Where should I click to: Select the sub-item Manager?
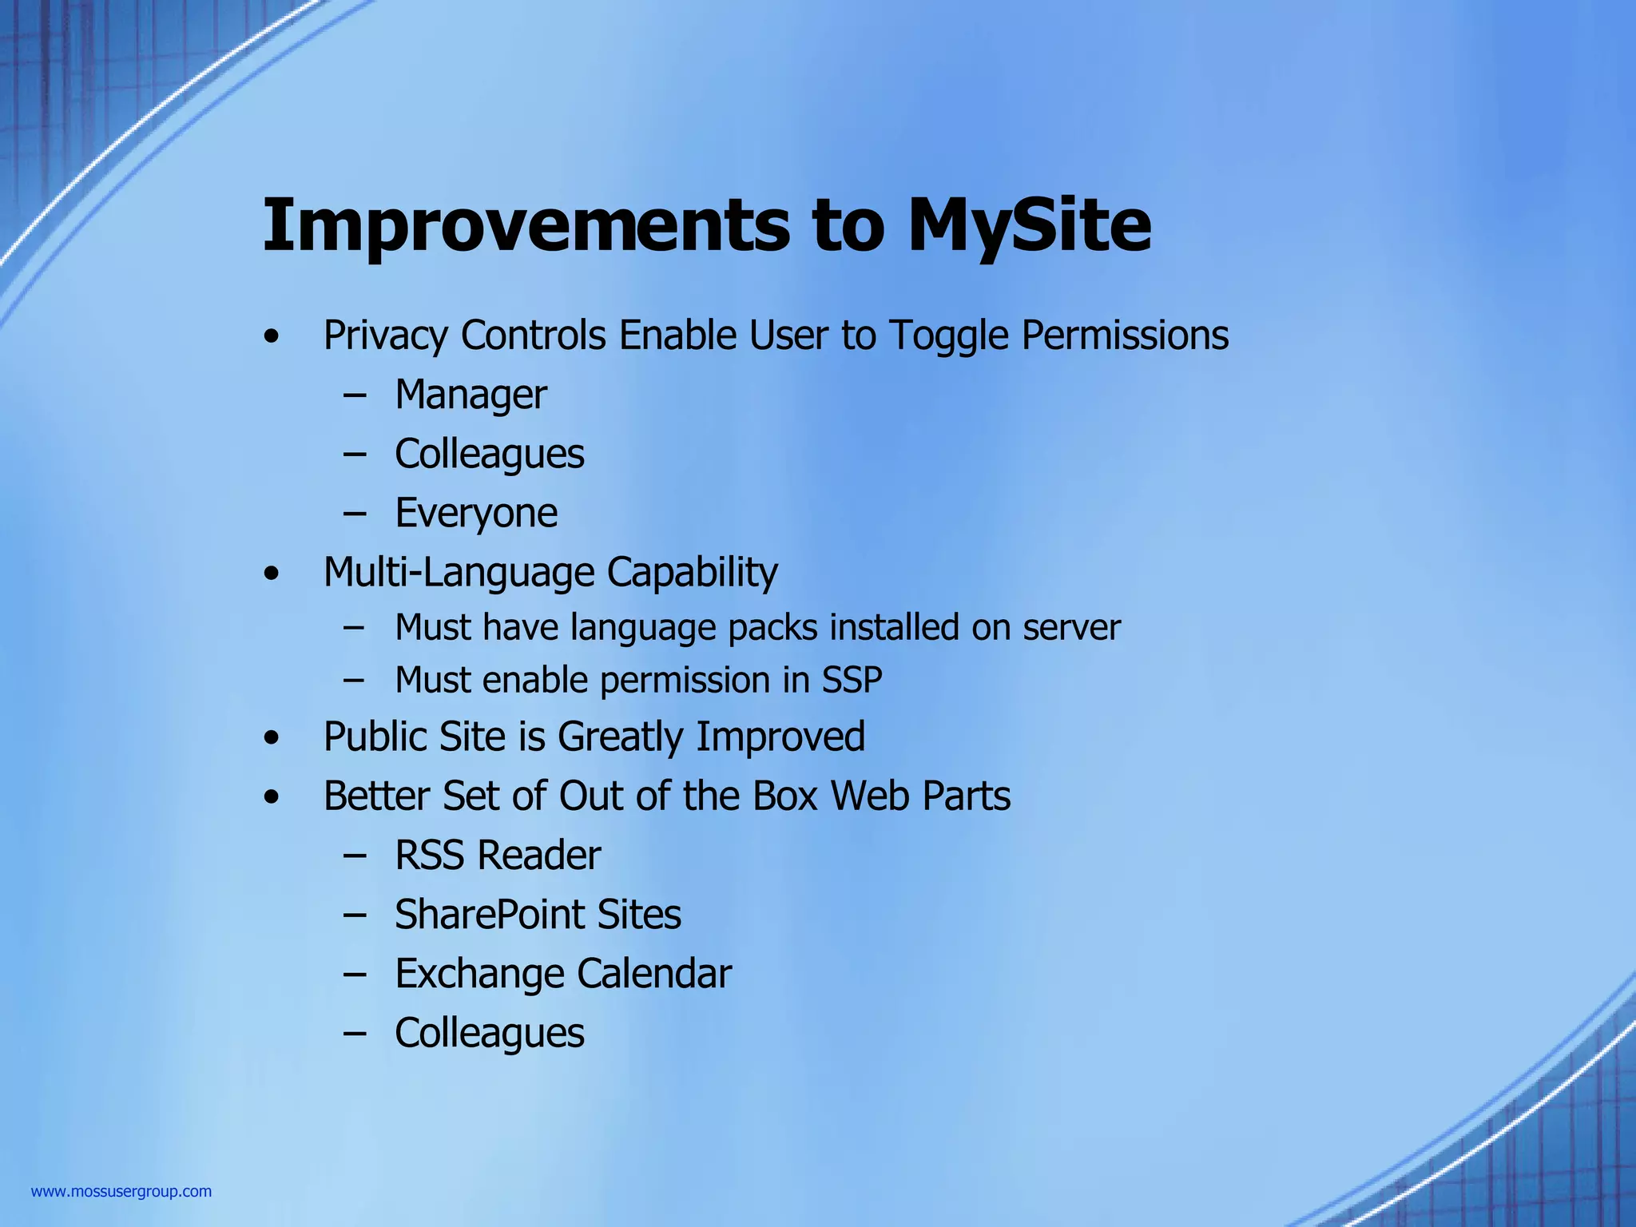click(471, 395)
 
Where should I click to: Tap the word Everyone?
click(476, 513)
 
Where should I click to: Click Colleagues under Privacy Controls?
click(489, 454)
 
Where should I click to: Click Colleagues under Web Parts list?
click(489, 1033)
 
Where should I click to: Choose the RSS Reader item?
click(498, 856)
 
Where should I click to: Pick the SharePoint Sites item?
click(538, 915)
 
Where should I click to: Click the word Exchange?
click(479, 974)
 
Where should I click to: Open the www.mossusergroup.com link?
click(121, 1192)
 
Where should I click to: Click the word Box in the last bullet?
click(784, 796)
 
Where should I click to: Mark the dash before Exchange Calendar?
click(355, 974)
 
